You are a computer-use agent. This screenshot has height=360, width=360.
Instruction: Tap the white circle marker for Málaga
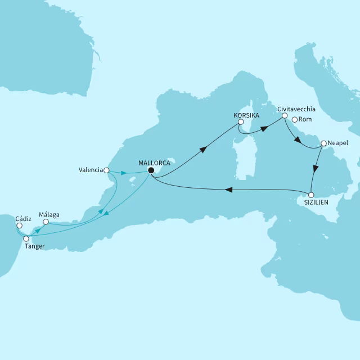tap(46, 222)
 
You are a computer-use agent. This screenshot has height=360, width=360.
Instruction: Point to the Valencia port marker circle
tap(107, 169)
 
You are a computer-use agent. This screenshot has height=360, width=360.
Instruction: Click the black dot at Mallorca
tap(151, 170)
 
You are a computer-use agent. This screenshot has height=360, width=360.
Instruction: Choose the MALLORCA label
tap(154, 163)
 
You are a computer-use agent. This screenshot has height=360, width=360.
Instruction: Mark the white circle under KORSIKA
tap(241, 121)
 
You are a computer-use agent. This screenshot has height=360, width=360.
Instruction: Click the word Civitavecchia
tap(295, 109)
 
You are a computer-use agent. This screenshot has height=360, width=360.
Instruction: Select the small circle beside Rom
tap(294, 119)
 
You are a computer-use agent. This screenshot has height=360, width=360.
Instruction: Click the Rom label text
tap(305, 119)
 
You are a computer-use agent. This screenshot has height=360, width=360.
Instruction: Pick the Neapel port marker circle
tap(323, 144)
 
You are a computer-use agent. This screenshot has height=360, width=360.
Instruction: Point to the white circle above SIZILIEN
tap(312, 195)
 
